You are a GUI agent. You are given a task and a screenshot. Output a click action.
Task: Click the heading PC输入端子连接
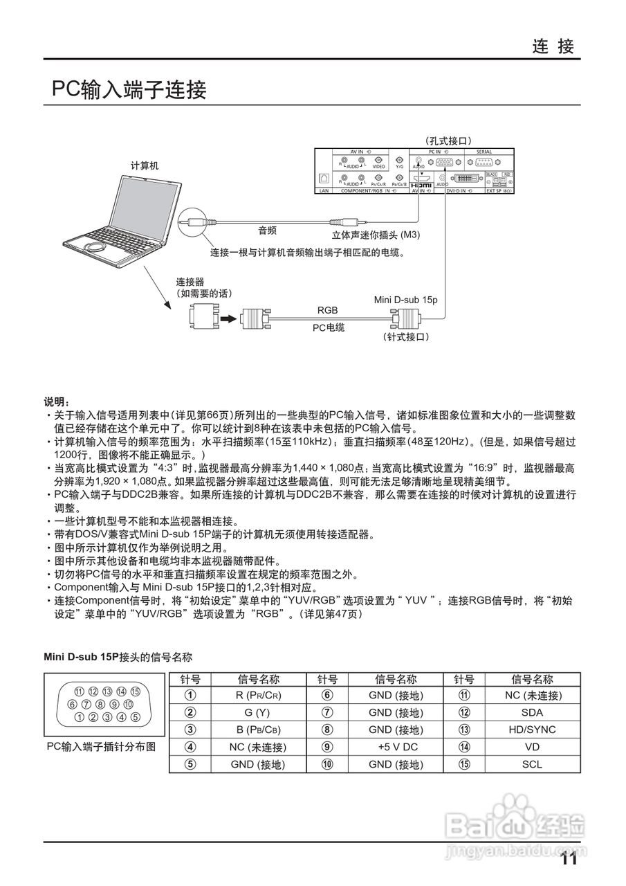tap(129, 89)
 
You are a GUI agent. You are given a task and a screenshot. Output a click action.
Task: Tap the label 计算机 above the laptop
tap(145, 165)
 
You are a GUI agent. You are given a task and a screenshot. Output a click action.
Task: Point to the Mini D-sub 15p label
tap(406, 300)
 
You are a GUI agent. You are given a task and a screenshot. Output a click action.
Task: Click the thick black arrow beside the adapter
tap(228, 318)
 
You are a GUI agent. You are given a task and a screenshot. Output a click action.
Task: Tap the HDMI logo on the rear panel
tap(421, 186)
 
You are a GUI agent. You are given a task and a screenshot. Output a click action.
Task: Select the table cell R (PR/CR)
tap(258, 695)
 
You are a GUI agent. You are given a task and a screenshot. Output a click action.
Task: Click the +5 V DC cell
tap(396, 747)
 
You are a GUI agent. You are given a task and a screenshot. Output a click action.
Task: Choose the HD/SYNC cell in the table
tap(532, 730)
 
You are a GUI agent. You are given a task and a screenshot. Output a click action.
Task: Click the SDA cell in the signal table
tap(532, 712)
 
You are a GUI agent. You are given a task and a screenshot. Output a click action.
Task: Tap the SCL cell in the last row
tap(532, 764)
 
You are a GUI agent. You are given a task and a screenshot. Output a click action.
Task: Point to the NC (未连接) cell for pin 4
tap(258, 747)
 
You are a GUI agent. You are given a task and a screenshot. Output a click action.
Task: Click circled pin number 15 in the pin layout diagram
tap(136, 691)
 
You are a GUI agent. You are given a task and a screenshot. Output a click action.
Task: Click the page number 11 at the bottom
tap(569, 860)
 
